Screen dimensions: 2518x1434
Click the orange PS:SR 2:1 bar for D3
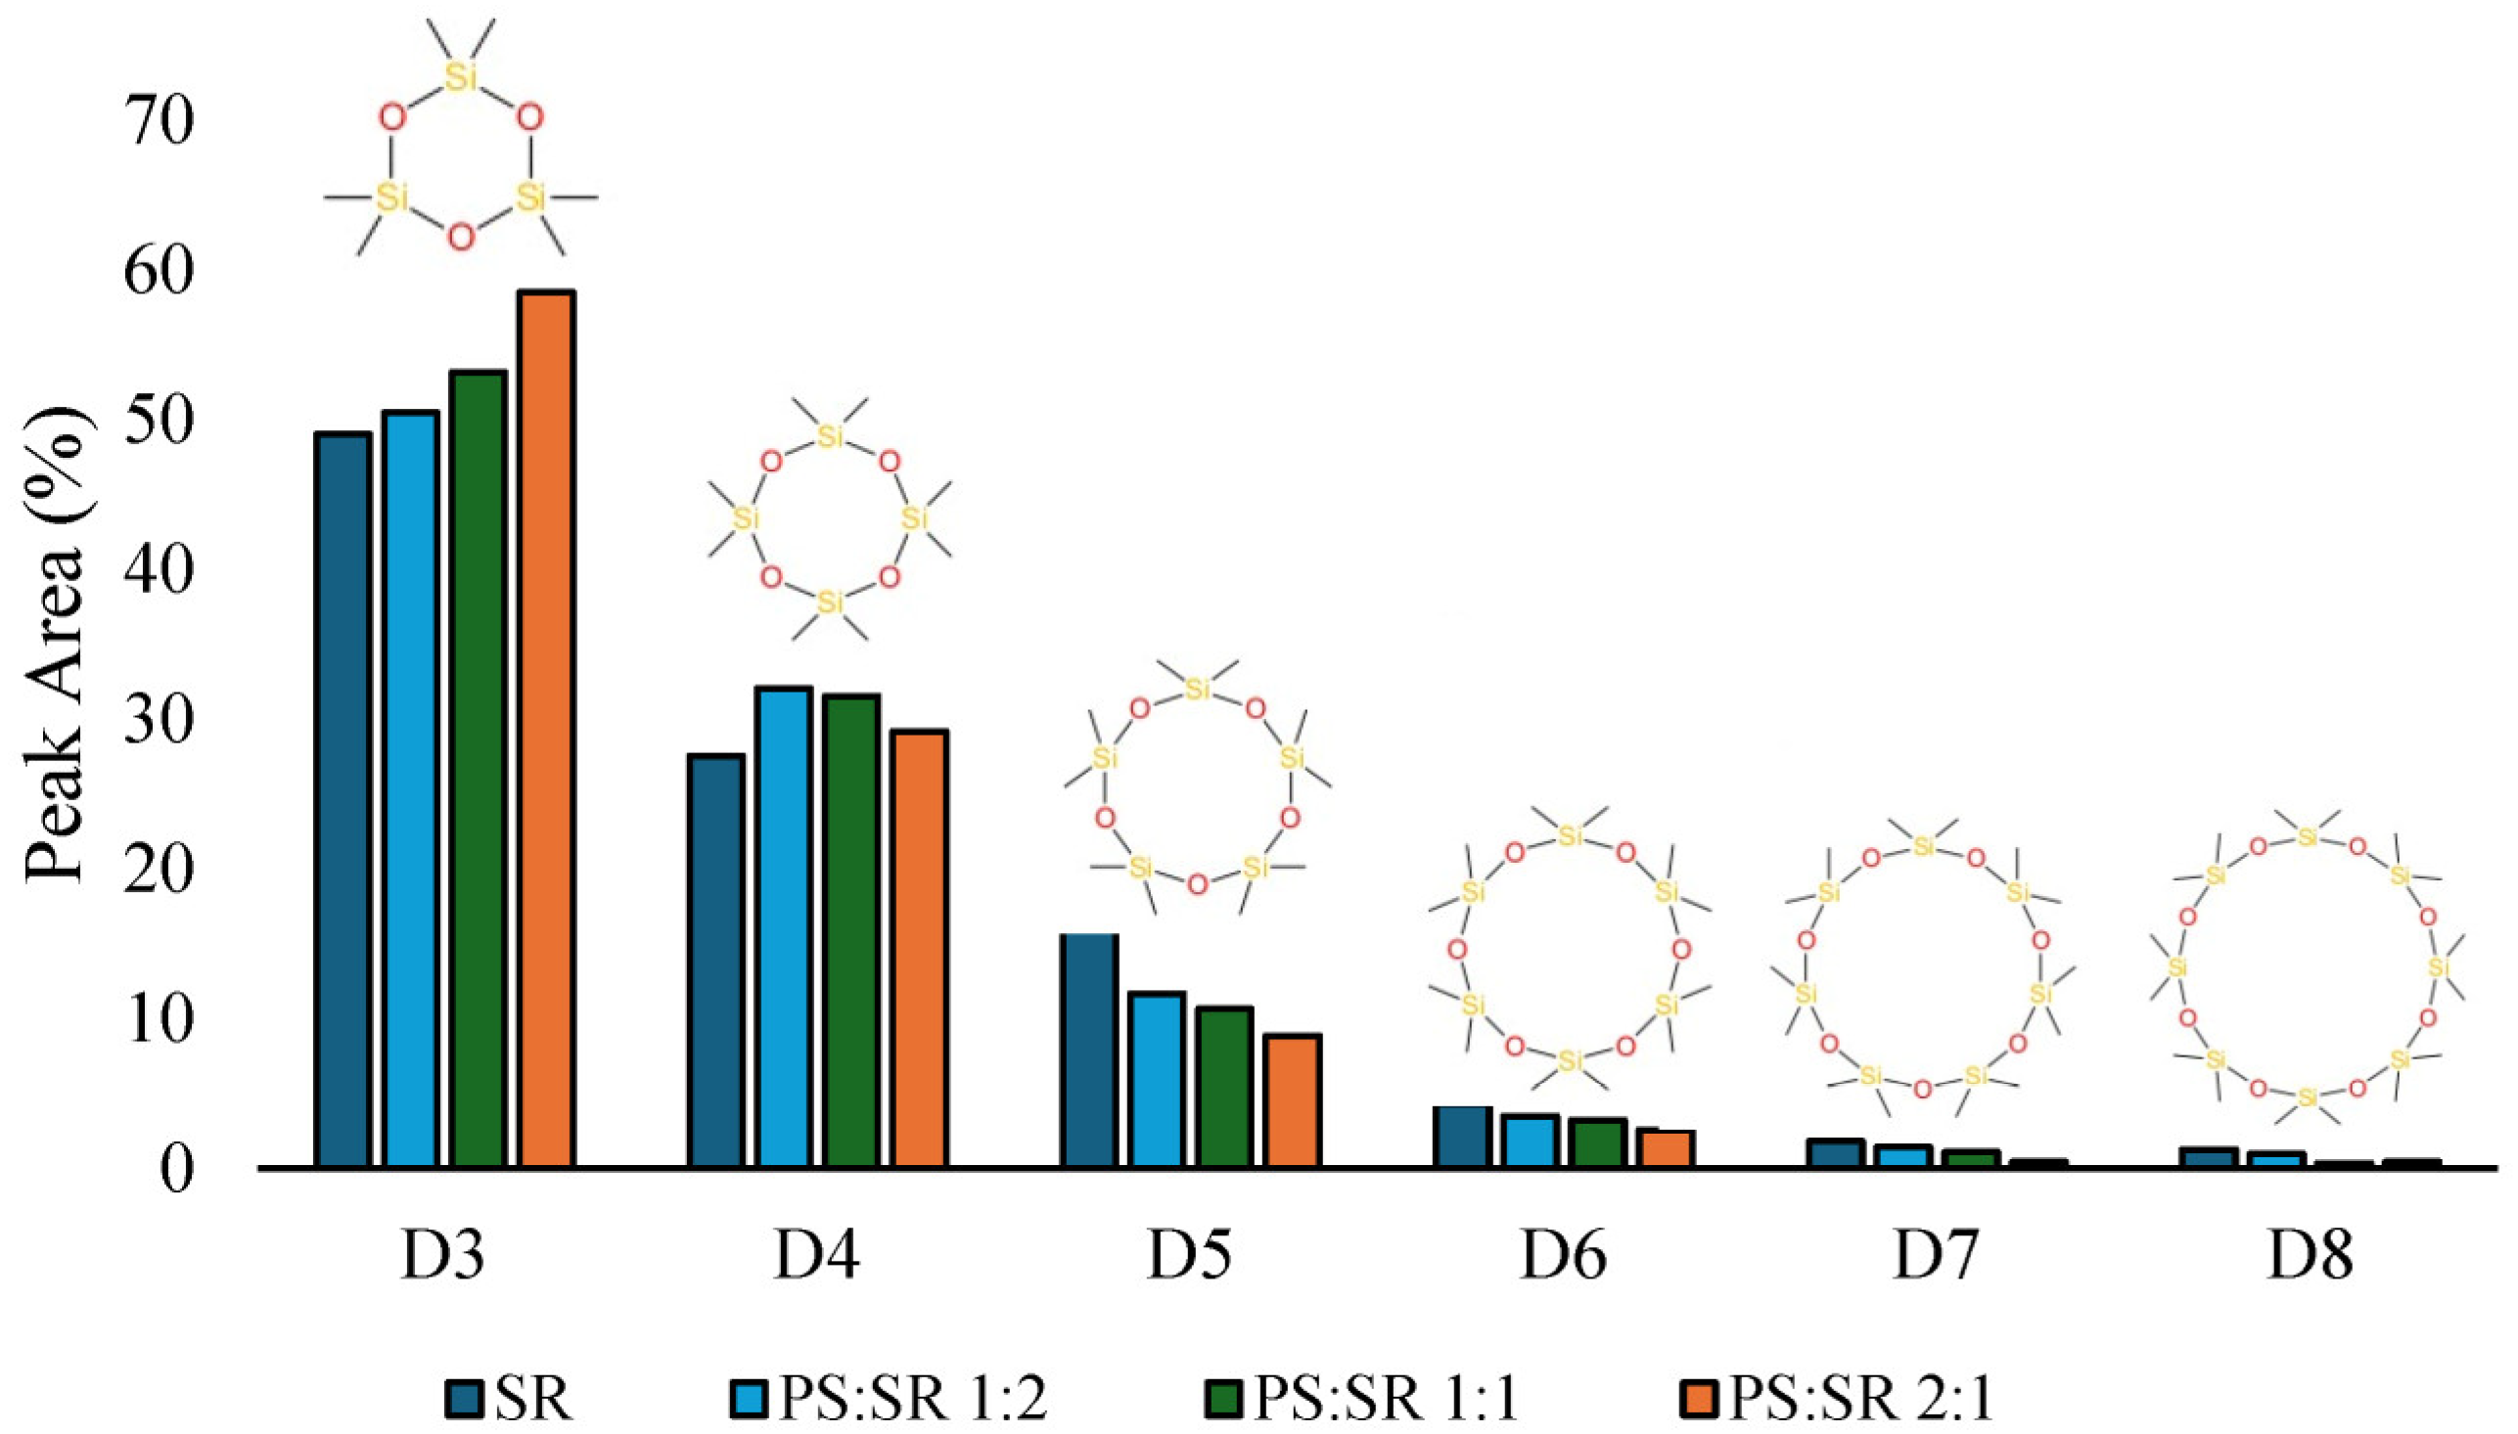coord(547,729)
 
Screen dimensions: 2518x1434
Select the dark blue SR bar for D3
coord(343,800)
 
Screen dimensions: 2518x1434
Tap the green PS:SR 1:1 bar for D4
coord(852,930)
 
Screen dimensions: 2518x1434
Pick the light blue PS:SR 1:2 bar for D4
coord(784,926)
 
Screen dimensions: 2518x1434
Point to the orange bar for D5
coord(1294,1101)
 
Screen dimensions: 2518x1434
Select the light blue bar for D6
coord(1531,1142)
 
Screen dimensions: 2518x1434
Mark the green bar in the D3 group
coord(479,769)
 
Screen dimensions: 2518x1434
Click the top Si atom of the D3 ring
coord(460,76)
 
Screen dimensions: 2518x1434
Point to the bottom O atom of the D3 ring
coord(460,237)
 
